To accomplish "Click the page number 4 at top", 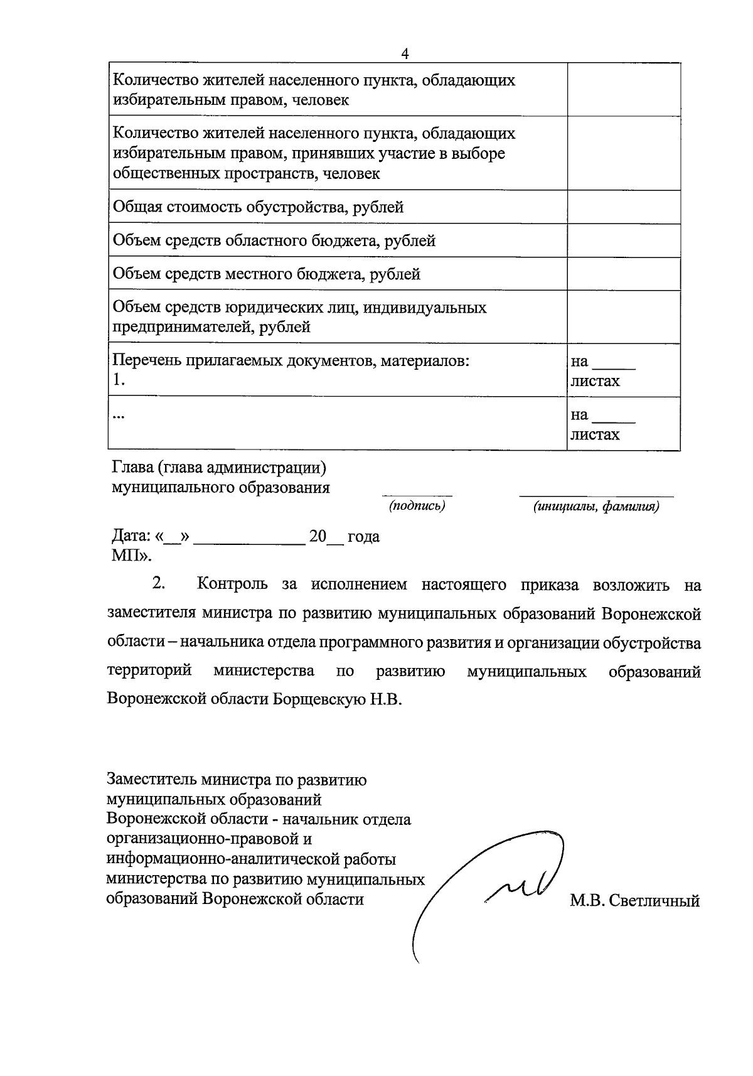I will [405, 54].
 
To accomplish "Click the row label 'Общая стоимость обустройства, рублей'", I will [258, 207].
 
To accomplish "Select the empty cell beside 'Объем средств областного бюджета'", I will [623, 240].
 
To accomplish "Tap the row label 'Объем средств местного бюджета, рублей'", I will [266, 274].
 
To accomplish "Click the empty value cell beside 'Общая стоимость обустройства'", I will [623, 207].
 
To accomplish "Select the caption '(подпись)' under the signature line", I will [417, 506].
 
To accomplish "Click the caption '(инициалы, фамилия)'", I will [596, 507].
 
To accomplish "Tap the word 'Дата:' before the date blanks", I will [131, 537].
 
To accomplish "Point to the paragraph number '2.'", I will [158, 584].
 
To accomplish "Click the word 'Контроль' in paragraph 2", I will [232, 584].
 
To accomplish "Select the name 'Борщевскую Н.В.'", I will [337, 699].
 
